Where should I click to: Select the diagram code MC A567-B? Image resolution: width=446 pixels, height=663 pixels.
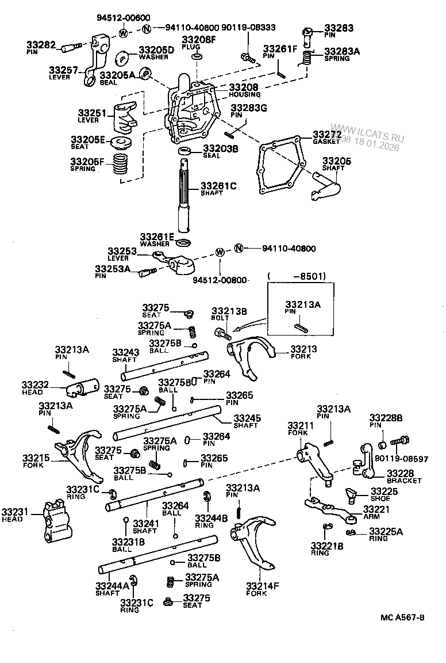[402, 618]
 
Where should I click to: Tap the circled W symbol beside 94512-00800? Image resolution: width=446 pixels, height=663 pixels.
[219, 252]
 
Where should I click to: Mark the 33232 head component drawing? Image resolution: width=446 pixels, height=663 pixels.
[83, 388]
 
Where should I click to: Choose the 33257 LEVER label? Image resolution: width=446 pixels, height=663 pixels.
[63, 72]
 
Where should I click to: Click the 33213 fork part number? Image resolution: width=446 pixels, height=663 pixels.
[304, 349]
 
